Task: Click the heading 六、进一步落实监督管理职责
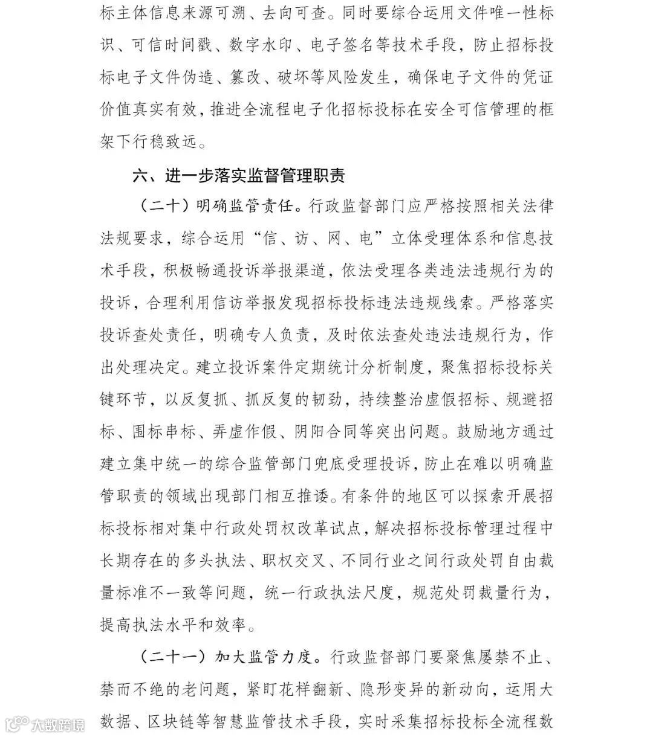point(239,176)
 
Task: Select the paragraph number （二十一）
point(169,657)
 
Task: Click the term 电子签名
point(342,45)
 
